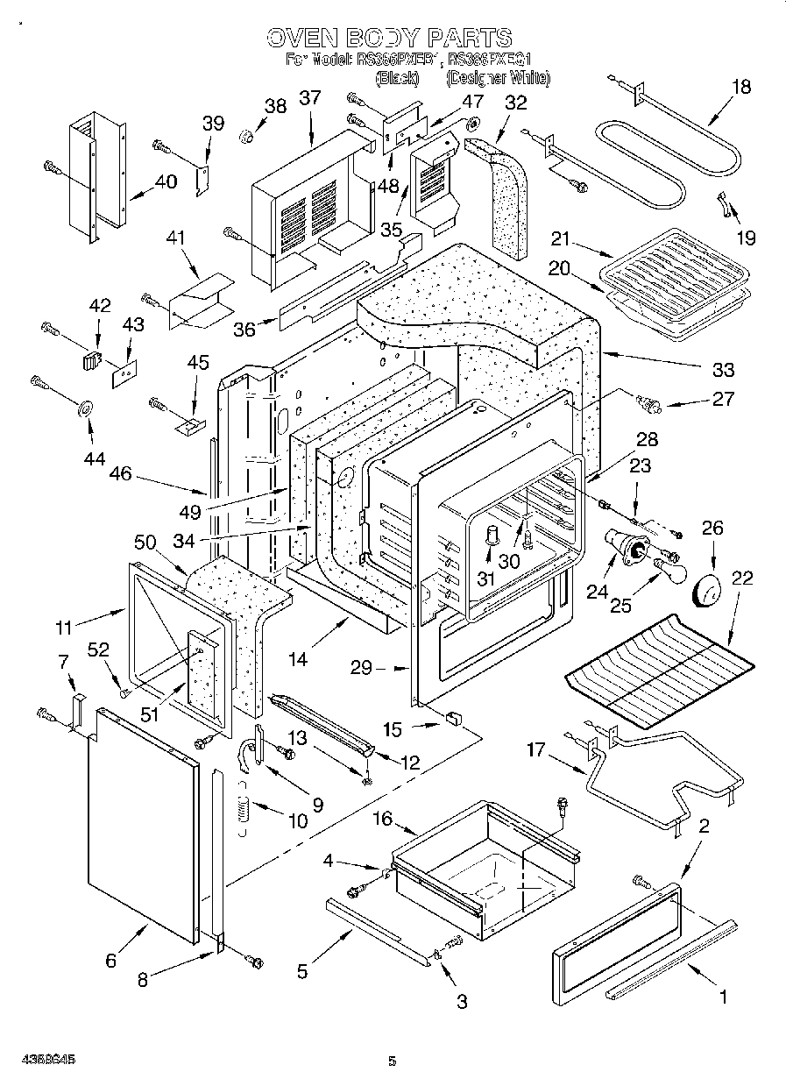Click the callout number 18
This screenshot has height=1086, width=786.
click(741, 86)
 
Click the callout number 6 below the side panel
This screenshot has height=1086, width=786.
click(110, 961)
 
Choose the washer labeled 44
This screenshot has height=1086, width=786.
click(88, 409)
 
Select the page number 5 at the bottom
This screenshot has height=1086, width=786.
click(393, 1061)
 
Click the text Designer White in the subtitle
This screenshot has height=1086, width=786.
click(498, 78)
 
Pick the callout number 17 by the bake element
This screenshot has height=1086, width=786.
click(536, 749)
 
